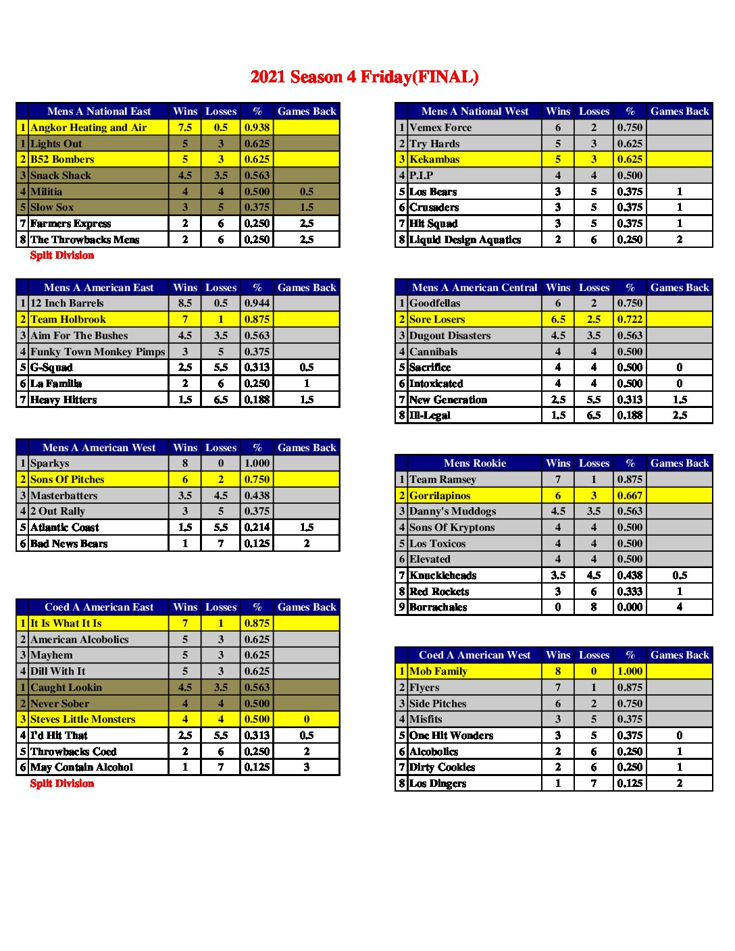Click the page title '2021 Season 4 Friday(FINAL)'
(364, 77)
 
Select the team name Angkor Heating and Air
(88, 128)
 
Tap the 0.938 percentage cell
(257, 128)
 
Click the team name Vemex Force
(440, 128)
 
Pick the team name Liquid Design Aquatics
(465, 240)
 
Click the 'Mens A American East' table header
(99, 288)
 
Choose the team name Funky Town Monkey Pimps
(97, 352)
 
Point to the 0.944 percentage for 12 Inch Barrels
(257, 303)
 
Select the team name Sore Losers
(437, 319)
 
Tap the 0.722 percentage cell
(630, 319)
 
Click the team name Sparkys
(50, 463)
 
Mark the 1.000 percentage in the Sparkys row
(257, 463)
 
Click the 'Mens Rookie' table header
(475, 463)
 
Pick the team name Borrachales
(438, 607)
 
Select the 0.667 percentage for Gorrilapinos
(630, 496)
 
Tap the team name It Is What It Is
(66, 623)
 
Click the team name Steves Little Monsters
(83, 719)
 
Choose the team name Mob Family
(438, 671)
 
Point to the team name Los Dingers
(438, 783)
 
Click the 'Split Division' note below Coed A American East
(62, 783)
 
